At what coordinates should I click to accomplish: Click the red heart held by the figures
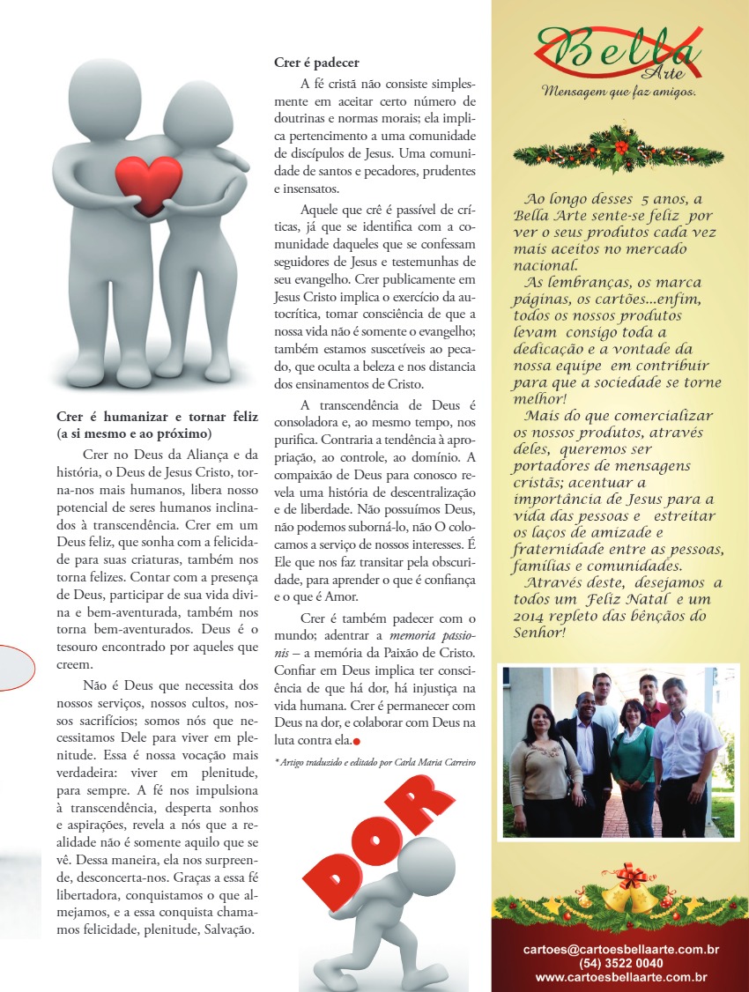(149, 183)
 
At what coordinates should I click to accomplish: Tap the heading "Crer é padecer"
(316, 63)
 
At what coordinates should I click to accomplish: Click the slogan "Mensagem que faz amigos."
(619, 91)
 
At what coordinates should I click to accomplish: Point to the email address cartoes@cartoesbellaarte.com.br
(620, 950)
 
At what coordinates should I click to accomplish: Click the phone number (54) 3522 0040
(620, 963)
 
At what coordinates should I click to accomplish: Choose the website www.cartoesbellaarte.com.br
(620, 977)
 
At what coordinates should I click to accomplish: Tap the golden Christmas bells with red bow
(629, 890)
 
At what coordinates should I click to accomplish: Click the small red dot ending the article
(357, 741)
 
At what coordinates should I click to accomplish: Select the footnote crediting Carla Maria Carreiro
(374, 761)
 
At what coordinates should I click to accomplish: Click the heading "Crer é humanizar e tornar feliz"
(158, 417)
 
